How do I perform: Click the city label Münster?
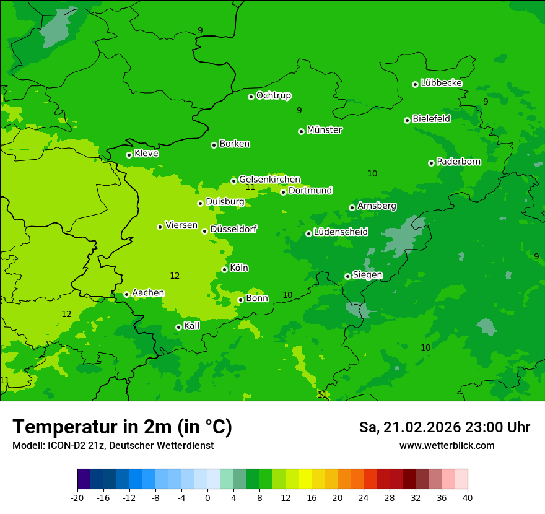(x=325, y=130)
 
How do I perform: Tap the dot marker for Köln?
(x=224, y=269)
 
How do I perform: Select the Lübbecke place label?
(x=441, y=83)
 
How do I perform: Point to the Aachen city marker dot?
(x=126, y=294)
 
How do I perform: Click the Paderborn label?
(x=458, y=162)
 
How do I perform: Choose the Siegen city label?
(x=367, y=275)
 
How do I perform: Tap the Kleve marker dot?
(x=129, y=155)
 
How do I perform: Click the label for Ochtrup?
(x=274, y=95)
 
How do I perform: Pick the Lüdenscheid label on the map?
(x=341, y=232)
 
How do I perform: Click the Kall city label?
(x=192, y=326)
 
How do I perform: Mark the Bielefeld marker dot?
(x=407, y=120)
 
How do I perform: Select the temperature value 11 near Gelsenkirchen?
(x=250, y=188)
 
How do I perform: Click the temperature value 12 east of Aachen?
(x=175, y=276)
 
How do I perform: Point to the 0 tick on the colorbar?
(x=207, y=498)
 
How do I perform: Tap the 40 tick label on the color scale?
(x=468, y=498)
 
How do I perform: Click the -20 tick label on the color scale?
(x=77, y=498)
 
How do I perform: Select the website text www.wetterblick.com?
(x=447, y=445)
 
